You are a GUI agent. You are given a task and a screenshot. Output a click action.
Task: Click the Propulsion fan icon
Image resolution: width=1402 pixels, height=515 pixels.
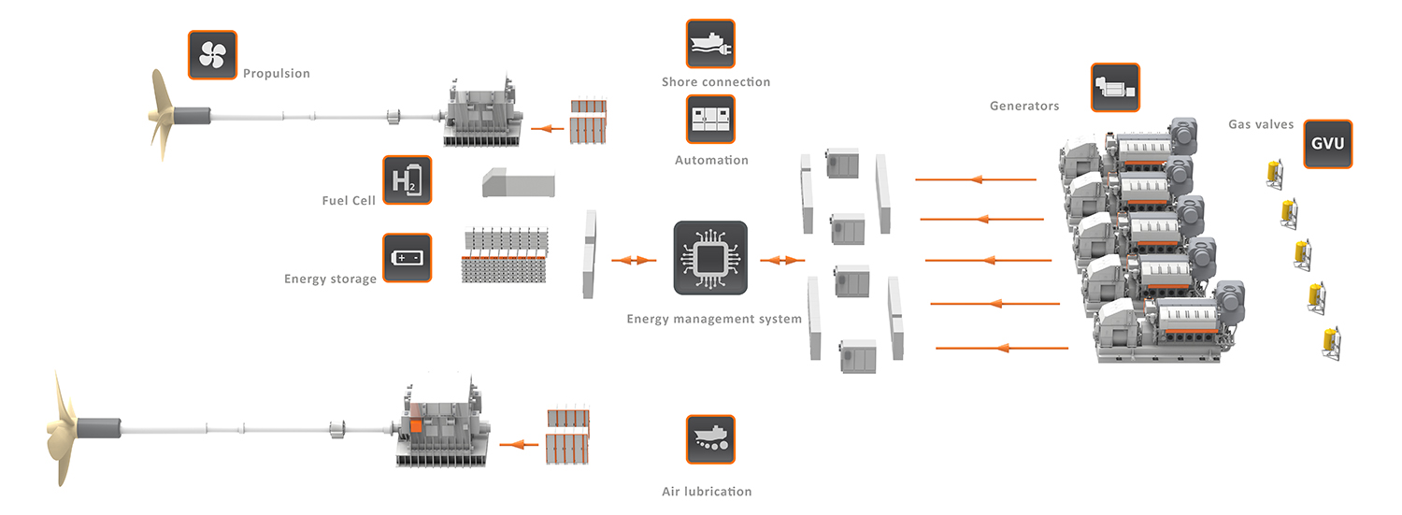click(212, 55)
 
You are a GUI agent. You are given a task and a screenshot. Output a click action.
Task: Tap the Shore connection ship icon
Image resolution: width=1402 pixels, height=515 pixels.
click(710, 44)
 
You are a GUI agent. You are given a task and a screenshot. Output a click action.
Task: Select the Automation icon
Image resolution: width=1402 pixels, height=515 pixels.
click(710, 119)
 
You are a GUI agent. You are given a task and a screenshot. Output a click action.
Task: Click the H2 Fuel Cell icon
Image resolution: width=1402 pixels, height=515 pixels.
click(408, 180)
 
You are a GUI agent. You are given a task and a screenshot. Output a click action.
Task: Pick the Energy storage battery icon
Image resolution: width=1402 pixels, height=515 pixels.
click(408, 258)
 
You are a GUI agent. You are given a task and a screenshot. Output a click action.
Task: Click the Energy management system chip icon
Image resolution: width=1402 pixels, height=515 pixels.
click(710, 258)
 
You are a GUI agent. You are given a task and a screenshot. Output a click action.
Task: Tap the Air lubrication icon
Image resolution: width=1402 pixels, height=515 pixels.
click(710, 439)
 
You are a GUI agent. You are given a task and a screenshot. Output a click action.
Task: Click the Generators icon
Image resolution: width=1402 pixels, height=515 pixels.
click(1116, 88)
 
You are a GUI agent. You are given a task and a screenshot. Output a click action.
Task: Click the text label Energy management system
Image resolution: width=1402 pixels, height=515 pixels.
click(714, 319)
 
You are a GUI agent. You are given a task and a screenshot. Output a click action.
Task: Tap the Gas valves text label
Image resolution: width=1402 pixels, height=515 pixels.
click(1261, 124)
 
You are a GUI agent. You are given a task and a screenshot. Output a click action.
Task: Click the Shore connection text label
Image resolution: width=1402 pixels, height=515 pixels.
click(716, 82)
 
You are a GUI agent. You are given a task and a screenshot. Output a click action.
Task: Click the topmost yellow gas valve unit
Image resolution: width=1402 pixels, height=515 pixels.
click(1273, 172)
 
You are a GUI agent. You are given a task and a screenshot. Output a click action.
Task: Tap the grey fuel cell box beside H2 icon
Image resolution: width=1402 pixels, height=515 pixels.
click(517, 183)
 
